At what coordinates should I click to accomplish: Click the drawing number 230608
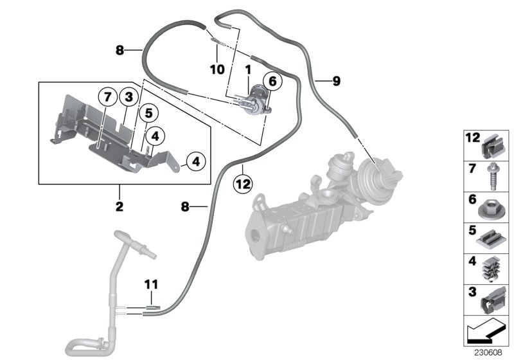click(x=490, y=352)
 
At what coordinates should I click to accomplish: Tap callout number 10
click(x=217, y=67)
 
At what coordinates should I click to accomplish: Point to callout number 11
click(x=150, y=283)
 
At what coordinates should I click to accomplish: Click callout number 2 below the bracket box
click(x=120, y=207)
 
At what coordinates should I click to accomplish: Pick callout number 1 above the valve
click(x=247, y=67)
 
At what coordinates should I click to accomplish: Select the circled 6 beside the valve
click(x=271, y=82)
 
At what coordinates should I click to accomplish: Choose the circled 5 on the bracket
click(x=148, y=114)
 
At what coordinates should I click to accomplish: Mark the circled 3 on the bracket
click(x=128, y=98)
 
